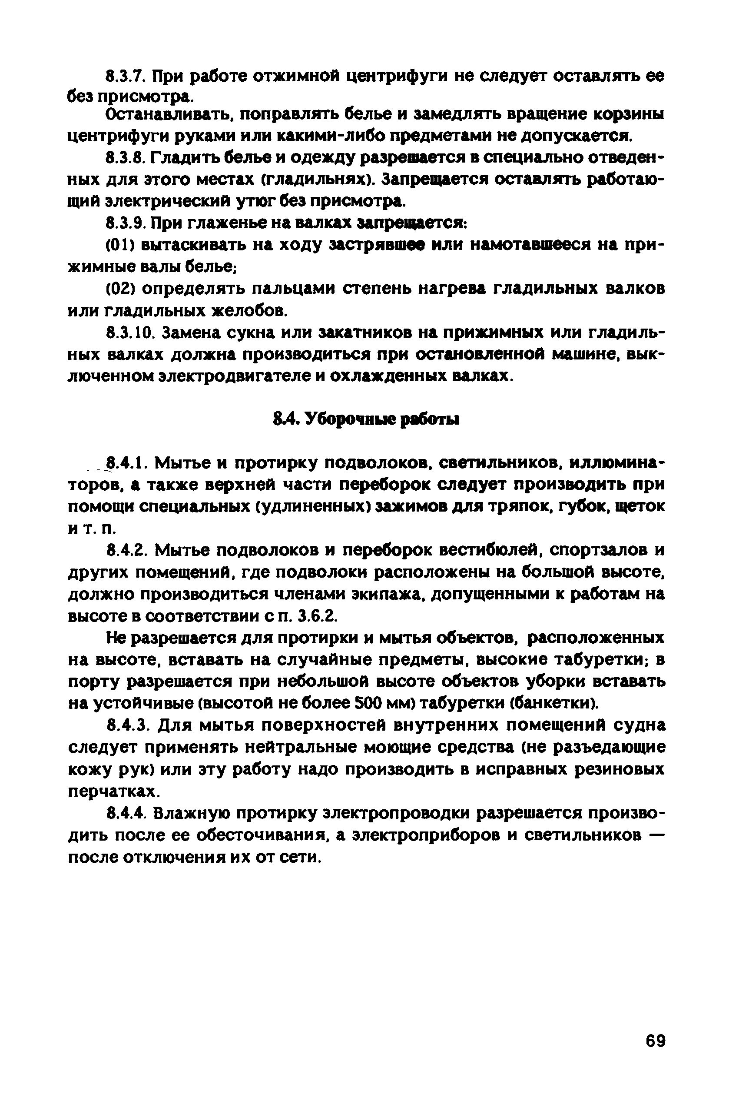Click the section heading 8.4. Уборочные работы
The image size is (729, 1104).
pos(365,419)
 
